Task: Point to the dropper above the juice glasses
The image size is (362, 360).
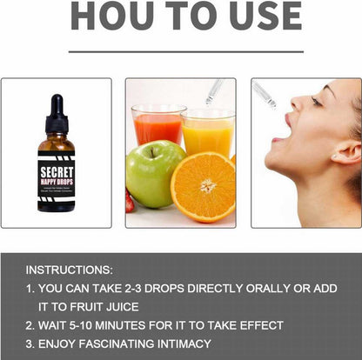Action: (213, 90)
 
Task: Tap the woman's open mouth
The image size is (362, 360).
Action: (279, 138)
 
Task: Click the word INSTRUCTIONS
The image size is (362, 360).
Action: (69, 270)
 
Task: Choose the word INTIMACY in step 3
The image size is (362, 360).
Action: (178, 343)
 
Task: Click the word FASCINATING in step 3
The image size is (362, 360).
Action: (104, 343)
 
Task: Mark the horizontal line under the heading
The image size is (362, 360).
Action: (180, 52)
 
